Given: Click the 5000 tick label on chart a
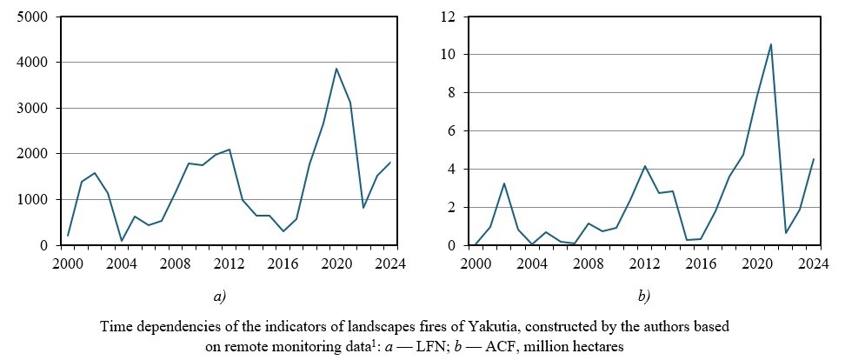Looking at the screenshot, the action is (x=35, y=17).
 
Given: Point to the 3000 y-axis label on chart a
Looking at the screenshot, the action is (x=35, y=108).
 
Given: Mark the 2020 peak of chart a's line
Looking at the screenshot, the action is (x=336, y=69).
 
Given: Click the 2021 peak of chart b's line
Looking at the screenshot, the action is (x=770, y=44).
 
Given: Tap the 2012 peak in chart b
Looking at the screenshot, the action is (x=644, y=166).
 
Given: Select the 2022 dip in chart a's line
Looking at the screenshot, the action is (x=363, y=208).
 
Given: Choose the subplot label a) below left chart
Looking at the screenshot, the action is (x=220, y=296).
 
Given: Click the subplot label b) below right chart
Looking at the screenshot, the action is (x=644, y=296).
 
